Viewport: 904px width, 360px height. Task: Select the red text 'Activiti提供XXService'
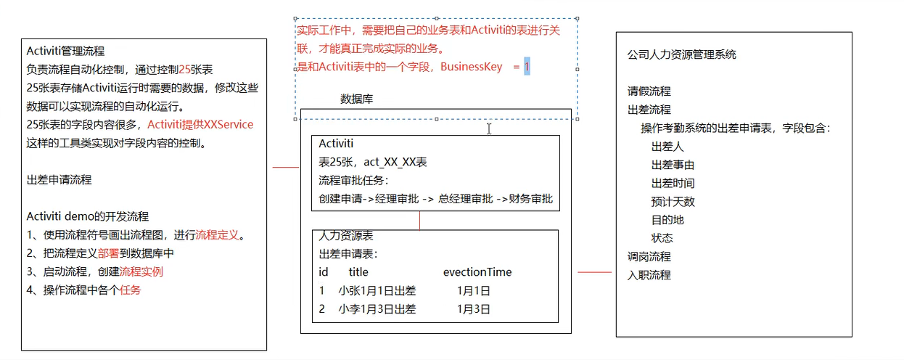click(x=200, y=124)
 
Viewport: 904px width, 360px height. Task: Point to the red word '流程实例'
click(x=141, y=271)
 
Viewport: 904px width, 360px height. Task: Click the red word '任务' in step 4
click(x=131, y=290)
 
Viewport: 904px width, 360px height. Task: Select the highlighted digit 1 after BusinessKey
click(x=527, y=67)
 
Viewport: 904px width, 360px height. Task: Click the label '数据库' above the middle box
click(x=357, y=99)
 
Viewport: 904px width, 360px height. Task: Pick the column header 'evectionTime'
click(x=477, y=272)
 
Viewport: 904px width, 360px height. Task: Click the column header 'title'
click(x=358, y=272)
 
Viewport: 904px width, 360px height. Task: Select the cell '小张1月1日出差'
click(x=377, y=290)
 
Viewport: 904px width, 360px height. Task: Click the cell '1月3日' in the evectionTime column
click(x=474, y=308)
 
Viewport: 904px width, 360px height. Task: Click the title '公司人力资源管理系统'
click(x=681, y=54)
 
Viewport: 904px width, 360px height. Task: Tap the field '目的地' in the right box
click(x=667, y=219)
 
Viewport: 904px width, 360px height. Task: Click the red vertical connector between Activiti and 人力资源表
click(x=419, y=220)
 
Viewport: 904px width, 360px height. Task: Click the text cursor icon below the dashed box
click(x=489, y=128)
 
